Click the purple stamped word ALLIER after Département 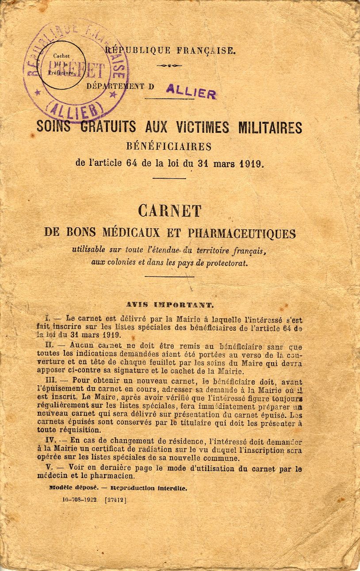coord(191,92)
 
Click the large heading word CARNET coord(169,211)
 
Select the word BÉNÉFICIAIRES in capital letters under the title coord(169,146)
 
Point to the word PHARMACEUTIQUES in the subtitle coord(242,233)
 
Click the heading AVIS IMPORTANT coord(170,305)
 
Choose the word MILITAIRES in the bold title coord(270,127)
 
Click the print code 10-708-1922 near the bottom coord(80,500)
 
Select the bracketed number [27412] coord(115,500)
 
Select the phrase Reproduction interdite coord(149,488)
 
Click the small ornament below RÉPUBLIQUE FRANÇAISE coord(169,65)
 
